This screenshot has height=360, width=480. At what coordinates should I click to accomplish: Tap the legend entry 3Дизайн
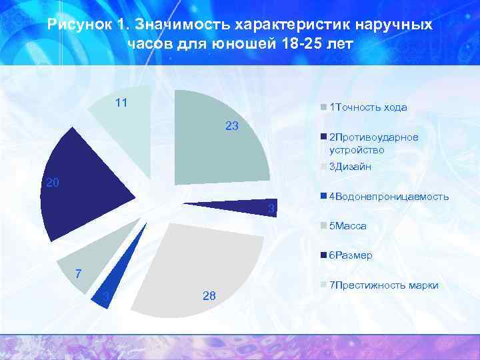pos(350,167)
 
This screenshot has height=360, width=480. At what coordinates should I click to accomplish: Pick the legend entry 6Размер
pos(351,255)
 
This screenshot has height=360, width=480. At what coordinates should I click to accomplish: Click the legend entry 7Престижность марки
pos(383,285)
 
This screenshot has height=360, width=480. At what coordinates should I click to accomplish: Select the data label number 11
pos(121,103)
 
